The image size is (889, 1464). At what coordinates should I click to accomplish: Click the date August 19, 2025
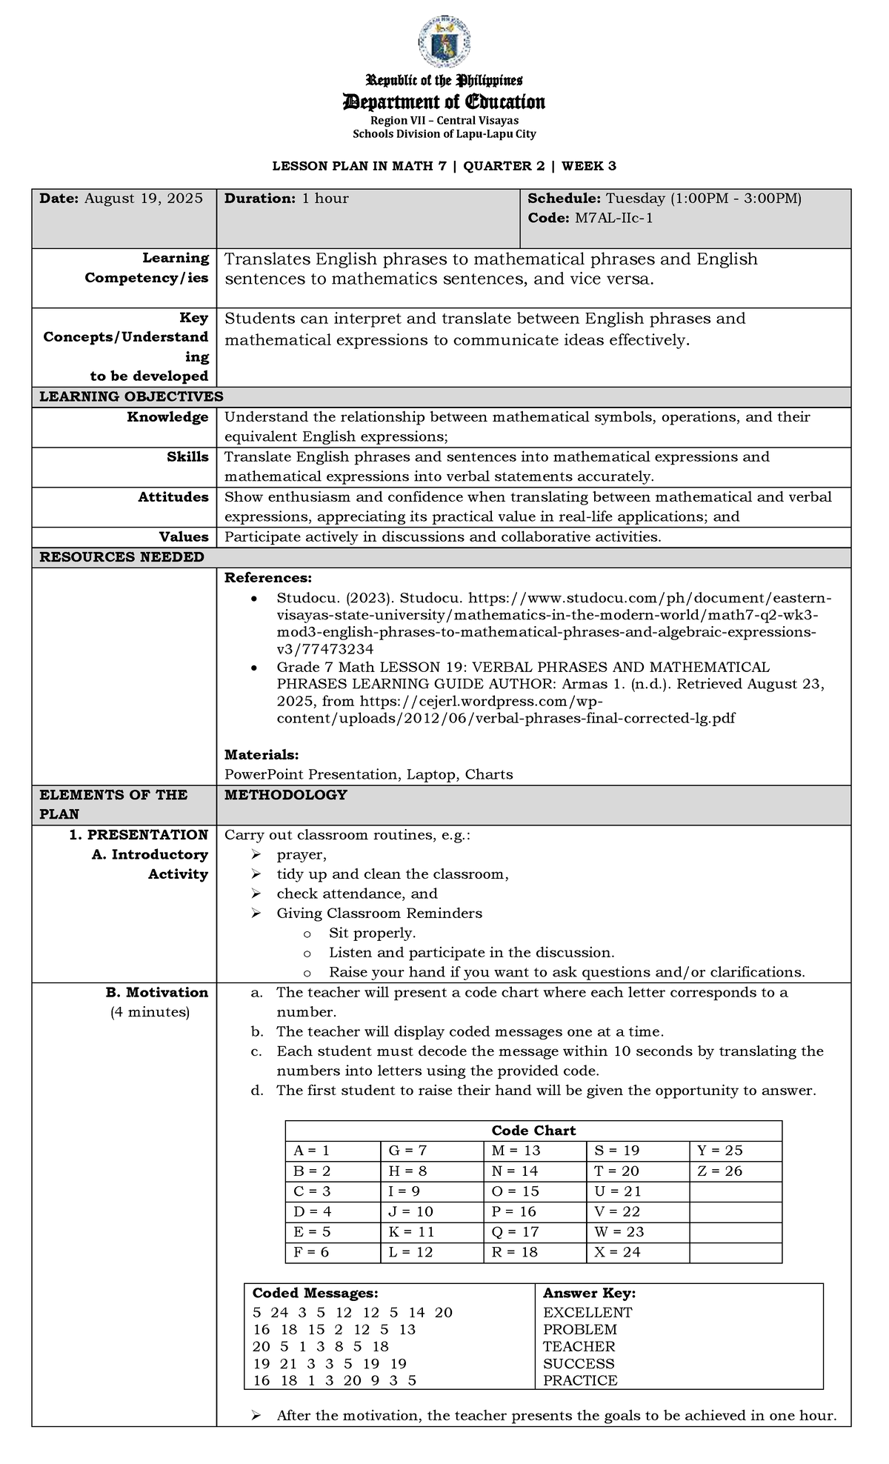point(143,199)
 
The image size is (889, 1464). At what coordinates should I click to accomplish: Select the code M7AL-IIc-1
point(611,218)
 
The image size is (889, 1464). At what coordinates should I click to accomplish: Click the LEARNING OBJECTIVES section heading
point(131,396)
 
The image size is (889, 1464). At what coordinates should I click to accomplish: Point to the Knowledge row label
point(167,417)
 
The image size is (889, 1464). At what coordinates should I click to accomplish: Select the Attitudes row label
point(173,497)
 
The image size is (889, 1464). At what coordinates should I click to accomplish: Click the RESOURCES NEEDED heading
point(121,557)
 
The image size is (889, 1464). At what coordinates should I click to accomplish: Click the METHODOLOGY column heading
point(285,795)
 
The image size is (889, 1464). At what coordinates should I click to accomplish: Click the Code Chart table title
point(533,1131)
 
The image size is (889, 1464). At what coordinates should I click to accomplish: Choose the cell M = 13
point(516,1151)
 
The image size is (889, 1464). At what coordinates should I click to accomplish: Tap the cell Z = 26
point(719,1171)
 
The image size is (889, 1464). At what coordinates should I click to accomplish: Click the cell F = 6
point(311,1252)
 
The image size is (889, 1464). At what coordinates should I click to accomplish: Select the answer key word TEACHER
point(579,1346)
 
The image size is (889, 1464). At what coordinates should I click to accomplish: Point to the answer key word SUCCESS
point(579,1363)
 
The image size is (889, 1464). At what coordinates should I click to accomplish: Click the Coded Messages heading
point(315,1293)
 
